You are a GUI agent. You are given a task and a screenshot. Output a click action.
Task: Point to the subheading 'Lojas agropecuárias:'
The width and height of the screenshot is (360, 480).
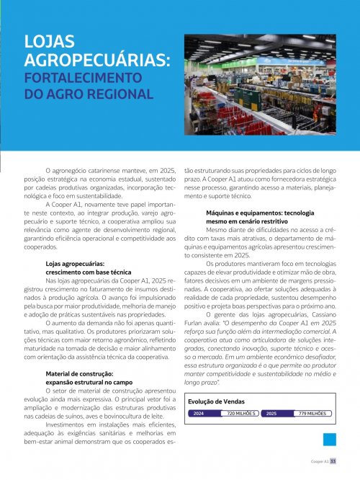tap(75, 265)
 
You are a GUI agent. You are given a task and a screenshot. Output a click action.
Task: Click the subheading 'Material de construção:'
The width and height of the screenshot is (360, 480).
tap(79, 373)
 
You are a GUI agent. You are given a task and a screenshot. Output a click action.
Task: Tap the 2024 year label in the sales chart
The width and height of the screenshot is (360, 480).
tap(198, 414)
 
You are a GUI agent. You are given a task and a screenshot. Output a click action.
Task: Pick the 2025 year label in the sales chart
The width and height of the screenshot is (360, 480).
tap(271, 414)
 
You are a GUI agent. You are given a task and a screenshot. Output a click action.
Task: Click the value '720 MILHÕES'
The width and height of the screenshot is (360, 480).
tap(240, 414)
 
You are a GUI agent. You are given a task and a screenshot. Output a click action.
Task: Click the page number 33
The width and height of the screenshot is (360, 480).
tap(333, 462)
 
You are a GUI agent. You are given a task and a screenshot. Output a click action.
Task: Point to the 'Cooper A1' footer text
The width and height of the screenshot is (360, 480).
tap(320, 462)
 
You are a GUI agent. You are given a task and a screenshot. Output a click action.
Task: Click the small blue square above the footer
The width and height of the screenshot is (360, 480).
tap(330, 440)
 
